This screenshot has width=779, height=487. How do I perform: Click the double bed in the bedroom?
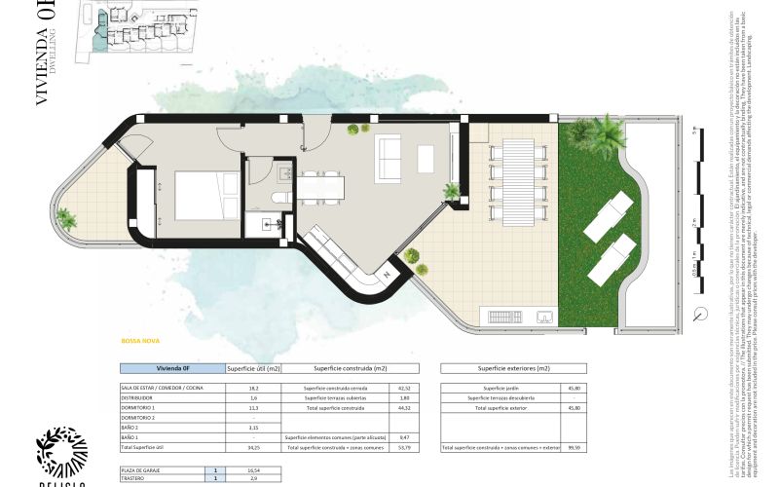206,198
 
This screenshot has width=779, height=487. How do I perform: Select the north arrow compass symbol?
702,313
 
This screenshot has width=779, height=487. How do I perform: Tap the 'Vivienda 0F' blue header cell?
171,369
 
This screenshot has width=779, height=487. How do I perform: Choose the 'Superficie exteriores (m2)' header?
513,369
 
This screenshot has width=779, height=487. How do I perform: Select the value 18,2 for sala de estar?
252,389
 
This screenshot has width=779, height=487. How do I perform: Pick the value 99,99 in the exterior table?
574,447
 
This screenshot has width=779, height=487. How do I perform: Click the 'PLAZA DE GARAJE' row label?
140,470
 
